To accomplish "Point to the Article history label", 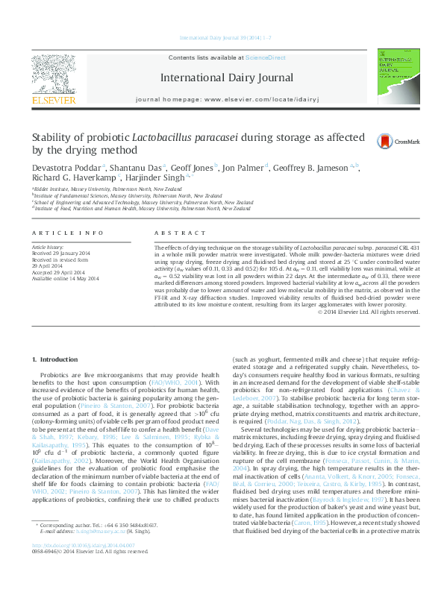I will [x=46, y=246].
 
